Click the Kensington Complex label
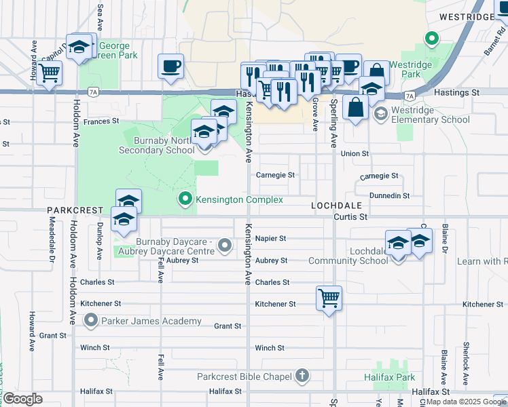239,199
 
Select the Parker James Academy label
151,321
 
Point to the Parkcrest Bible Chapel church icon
302,376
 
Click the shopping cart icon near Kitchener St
329,297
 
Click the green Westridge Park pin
431,39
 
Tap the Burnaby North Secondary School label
155,145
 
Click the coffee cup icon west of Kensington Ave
171,66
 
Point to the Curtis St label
350,217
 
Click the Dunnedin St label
388,195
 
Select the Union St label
355,154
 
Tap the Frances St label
102,121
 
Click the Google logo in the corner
22,399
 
